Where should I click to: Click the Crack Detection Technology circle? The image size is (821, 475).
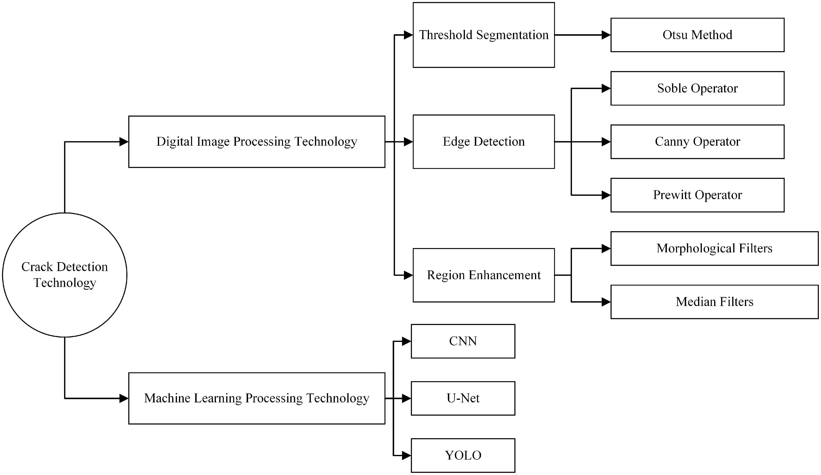pyautogui.click(x=65, y=275)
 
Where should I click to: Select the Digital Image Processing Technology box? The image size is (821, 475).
pyautogui.click(x=257, y=142)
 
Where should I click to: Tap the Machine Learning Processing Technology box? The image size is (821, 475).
pyautogui.click(x=257, y=398)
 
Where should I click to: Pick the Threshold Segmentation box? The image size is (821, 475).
pyautogui.click(x=483, y=35)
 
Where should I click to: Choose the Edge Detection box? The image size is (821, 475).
pyautogui.click(x=483, y=142)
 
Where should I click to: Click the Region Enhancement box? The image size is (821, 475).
pyautogui.click(x=483, y=275)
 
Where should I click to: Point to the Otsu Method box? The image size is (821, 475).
pyautogui.click(x=697, y=35)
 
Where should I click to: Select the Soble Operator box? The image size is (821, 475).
pyautogui.click(x=697, y=88)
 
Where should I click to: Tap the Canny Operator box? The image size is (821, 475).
pyautogui.click(x=697, y=142)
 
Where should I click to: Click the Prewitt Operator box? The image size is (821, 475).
pyautogui.click(x=697, y=195)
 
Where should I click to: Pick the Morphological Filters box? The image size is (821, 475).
pyautogui.click(x=714, y=248)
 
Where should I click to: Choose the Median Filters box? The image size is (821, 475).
pyautogui.click(x=714, y=302)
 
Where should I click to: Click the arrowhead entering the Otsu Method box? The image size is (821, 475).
pyautogui.click(x=606, y=35)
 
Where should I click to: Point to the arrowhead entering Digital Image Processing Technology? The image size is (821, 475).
pyautogui.click(x=124, y=142)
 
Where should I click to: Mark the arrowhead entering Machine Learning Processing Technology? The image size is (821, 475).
pyautogui.click(x=124, y=398)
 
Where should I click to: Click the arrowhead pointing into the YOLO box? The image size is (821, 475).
pyautogui.click(x=406, y=455)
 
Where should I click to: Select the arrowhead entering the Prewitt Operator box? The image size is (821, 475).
pyautogui.click(x=606, y=195)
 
